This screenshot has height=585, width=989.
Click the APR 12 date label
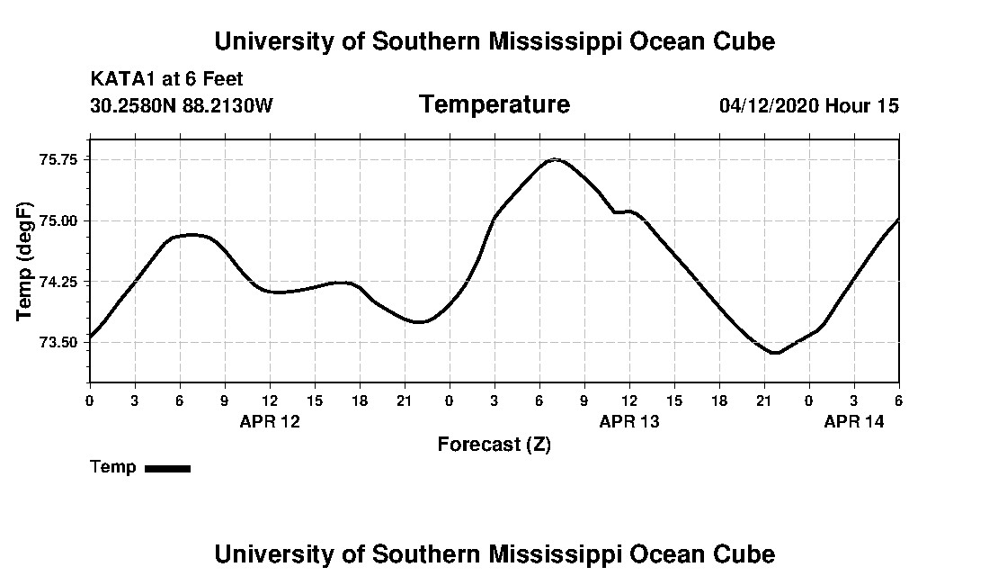(x=270, y=422)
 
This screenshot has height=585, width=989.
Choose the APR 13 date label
(x=629, y=422)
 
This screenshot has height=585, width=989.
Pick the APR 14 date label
(x=854, y=422)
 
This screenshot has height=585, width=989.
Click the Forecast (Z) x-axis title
(x=494, y=445)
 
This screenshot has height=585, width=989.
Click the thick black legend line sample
(x=167, y=468)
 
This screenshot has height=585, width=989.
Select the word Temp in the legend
(x=113, y=467)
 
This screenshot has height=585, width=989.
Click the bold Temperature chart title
(x=494, y=105)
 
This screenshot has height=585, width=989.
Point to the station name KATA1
(x=123, y=80)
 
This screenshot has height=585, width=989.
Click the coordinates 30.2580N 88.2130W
(x=182, y=106)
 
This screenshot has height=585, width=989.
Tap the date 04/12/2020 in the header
(x=769, y=106)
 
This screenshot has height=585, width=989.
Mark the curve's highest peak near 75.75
(x=556, y=159)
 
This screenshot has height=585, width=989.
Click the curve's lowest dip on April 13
(x=775, y=353)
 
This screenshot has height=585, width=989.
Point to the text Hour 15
(x=862, y=106)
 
